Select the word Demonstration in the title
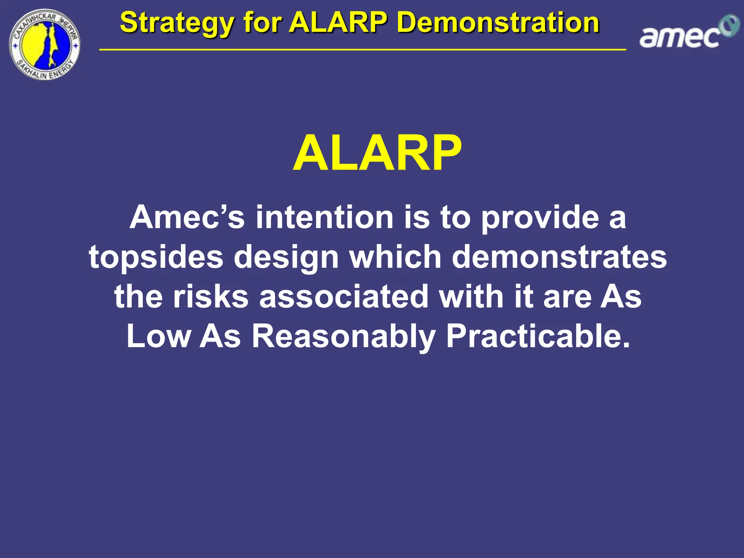[x=498, y=23]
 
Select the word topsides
[x=156, y=257]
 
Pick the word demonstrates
[x=559, y=257]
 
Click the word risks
[x=210, y=296]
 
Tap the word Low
[x=158, y=336]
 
